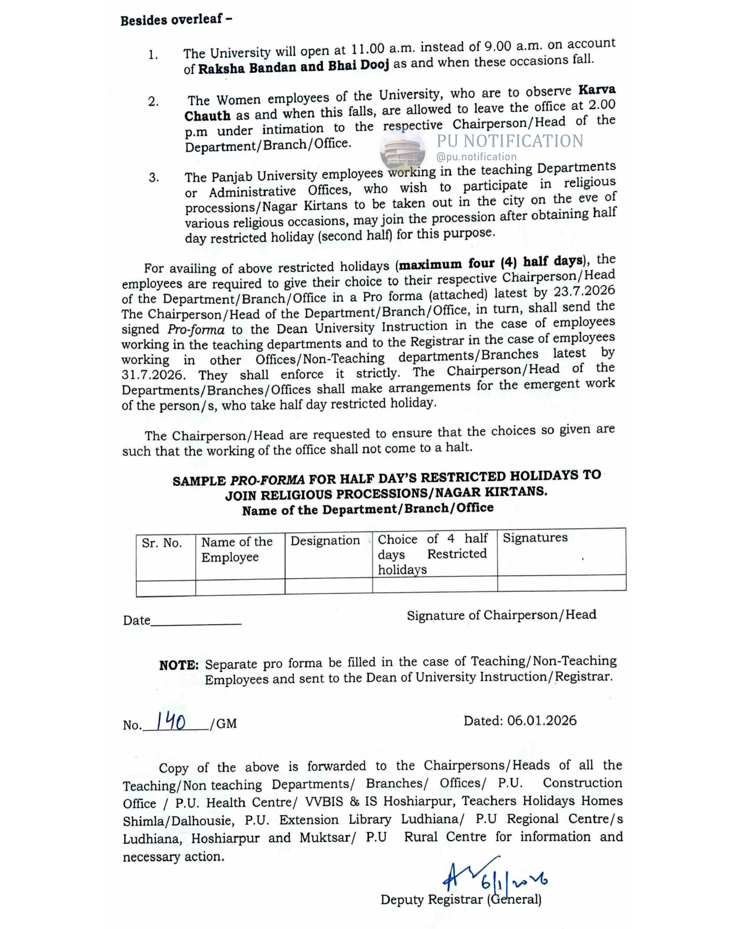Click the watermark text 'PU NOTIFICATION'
point(510,141)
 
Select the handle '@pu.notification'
point(476,157)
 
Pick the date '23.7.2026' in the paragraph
point(584,291)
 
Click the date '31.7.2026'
point(153,375)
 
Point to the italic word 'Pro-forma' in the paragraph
point(196,330)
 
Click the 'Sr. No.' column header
point(162,543)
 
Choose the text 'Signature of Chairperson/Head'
point(501,615)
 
